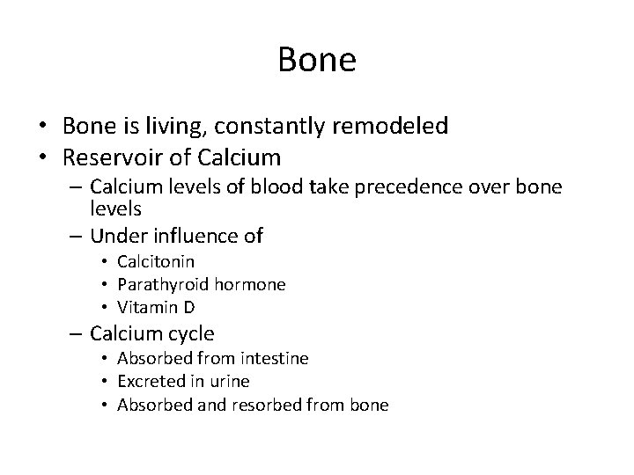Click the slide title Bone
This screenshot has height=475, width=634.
pyautogui.click(x=317, y=60)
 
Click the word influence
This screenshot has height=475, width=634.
pyautogui.click(x=196, y=236)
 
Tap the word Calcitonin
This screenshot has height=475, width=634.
pyautogui.click(x=156, y=262)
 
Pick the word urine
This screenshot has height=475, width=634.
pyautogui.click(x=228, y=382)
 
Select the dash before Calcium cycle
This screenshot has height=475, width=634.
pyautogui.click(x=77, y=334)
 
